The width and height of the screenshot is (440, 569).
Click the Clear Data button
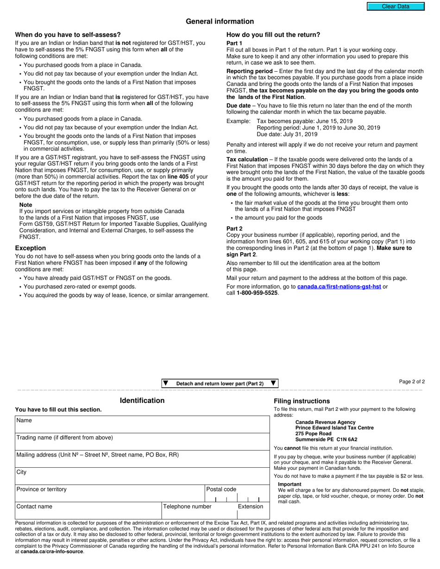coord(396,6)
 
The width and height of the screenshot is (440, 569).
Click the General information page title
coord(220,21)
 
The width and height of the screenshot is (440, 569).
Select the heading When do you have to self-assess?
coord(68,35)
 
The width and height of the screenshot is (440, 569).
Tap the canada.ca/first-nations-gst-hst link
coord(339,286)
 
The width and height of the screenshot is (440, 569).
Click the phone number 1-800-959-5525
coord(258,293)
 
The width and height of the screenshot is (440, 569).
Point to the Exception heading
coord(31,248)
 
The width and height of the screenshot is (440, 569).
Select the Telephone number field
coord(198,511)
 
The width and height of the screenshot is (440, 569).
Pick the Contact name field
coord(88,511)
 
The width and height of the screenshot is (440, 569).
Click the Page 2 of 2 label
coord(412,382)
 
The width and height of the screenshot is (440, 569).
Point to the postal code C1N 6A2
coord(347,439)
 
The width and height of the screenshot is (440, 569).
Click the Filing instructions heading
coord(302,401)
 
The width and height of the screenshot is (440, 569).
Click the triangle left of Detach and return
coord(166,383)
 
